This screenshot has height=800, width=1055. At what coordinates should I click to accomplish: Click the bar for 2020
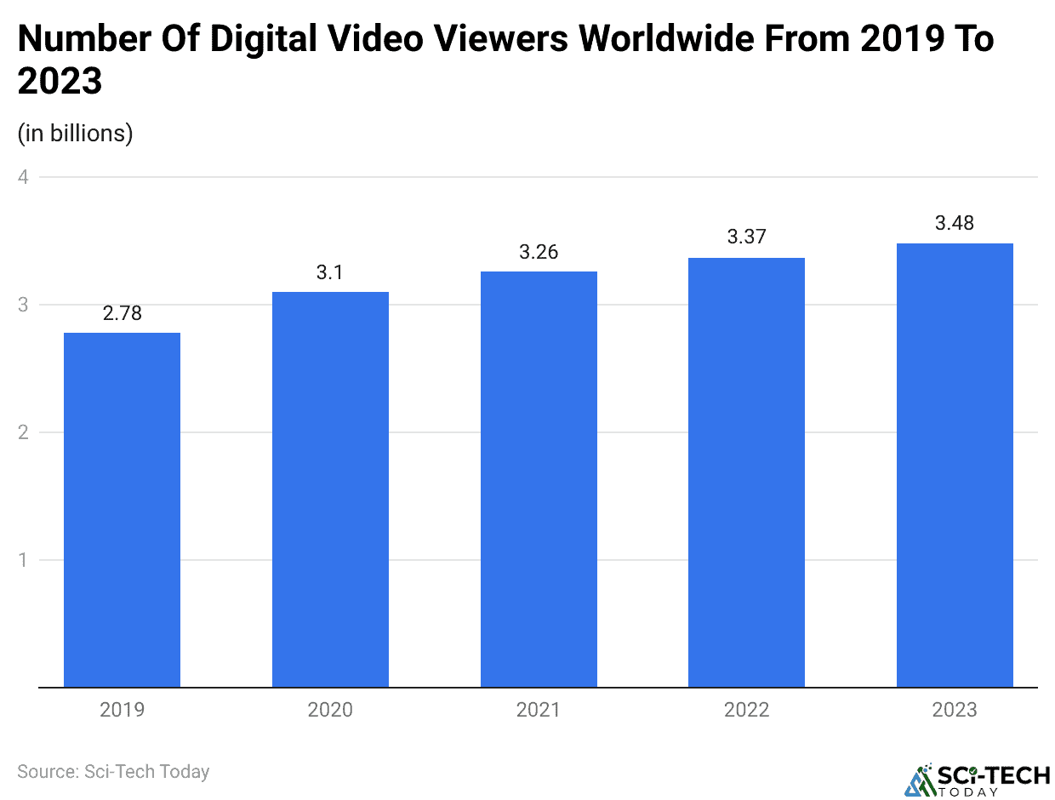(x=330, y=489)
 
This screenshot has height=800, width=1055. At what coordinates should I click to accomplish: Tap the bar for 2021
(x=539, y=479)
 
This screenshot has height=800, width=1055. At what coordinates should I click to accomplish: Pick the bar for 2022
(x=746, y=472)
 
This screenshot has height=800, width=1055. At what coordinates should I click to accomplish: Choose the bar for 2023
(x=955, y=465)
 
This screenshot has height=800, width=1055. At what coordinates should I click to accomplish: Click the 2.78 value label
(x=122, y=313)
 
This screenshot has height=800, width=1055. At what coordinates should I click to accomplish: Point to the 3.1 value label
(x=330, y=272)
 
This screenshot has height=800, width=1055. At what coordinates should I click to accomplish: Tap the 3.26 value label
(x=539, y=252)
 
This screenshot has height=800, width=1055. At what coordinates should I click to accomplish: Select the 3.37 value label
(x=746, y=237)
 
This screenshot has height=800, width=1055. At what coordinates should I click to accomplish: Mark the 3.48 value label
(x=955, y=224)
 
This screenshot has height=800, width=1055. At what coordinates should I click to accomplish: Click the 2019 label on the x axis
(x=122, y=710)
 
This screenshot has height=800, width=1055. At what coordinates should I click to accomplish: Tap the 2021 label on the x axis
(x=539, y=710)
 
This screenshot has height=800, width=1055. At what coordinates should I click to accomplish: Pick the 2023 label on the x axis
(x=955, y=710)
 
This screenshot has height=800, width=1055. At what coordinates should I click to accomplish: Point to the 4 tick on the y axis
(x=23, y=177)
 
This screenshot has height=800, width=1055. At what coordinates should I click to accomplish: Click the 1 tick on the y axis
(x=23, y=560)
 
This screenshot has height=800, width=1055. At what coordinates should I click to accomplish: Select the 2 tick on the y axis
(x=23, y=432)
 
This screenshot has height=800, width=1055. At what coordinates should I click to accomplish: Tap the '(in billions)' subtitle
(x=75, y=134)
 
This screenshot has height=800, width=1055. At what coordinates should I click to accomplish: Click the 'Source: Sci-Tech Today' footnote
(x=113, y=772)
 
